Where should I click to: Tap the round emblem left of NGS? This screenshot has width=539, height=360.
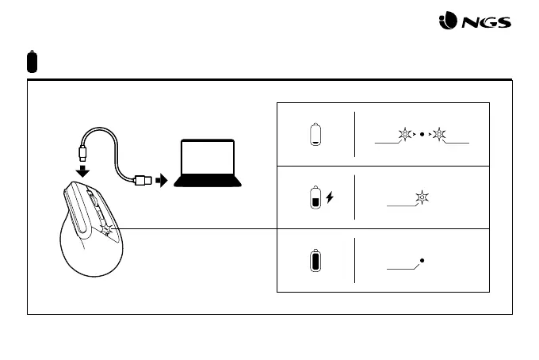click(448, 24)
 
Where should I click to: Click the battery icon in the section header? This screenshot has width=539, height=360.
click(32, 60)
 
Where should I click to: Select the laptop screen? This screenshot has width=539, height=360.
click(207, 160)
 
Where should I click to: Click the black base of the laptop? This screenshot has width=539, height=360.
click(207, 185)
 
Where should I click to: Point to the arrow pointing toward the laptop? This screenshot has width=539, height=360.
click(162, 180)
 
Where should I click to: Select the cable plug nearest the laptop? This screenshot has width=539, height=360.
click(144, 181)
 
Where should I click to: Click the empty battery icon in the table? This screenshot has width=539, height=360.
click(315, 134)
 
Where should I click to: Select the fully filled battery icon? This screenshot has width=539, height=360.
click(315, 261)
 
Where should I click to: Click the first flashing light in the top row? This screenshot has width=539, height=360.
click(406, 134)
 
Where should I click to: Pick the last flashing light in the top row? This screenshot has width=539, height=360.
click(439, 134)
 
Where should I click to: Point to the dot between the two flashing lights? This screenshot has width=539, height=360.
click(422, 134)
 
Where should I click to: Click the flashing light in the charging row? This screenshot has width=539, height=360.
click(422, 197)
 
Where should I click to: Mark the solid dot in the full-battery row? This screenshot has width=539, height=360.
click(422, 260)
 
